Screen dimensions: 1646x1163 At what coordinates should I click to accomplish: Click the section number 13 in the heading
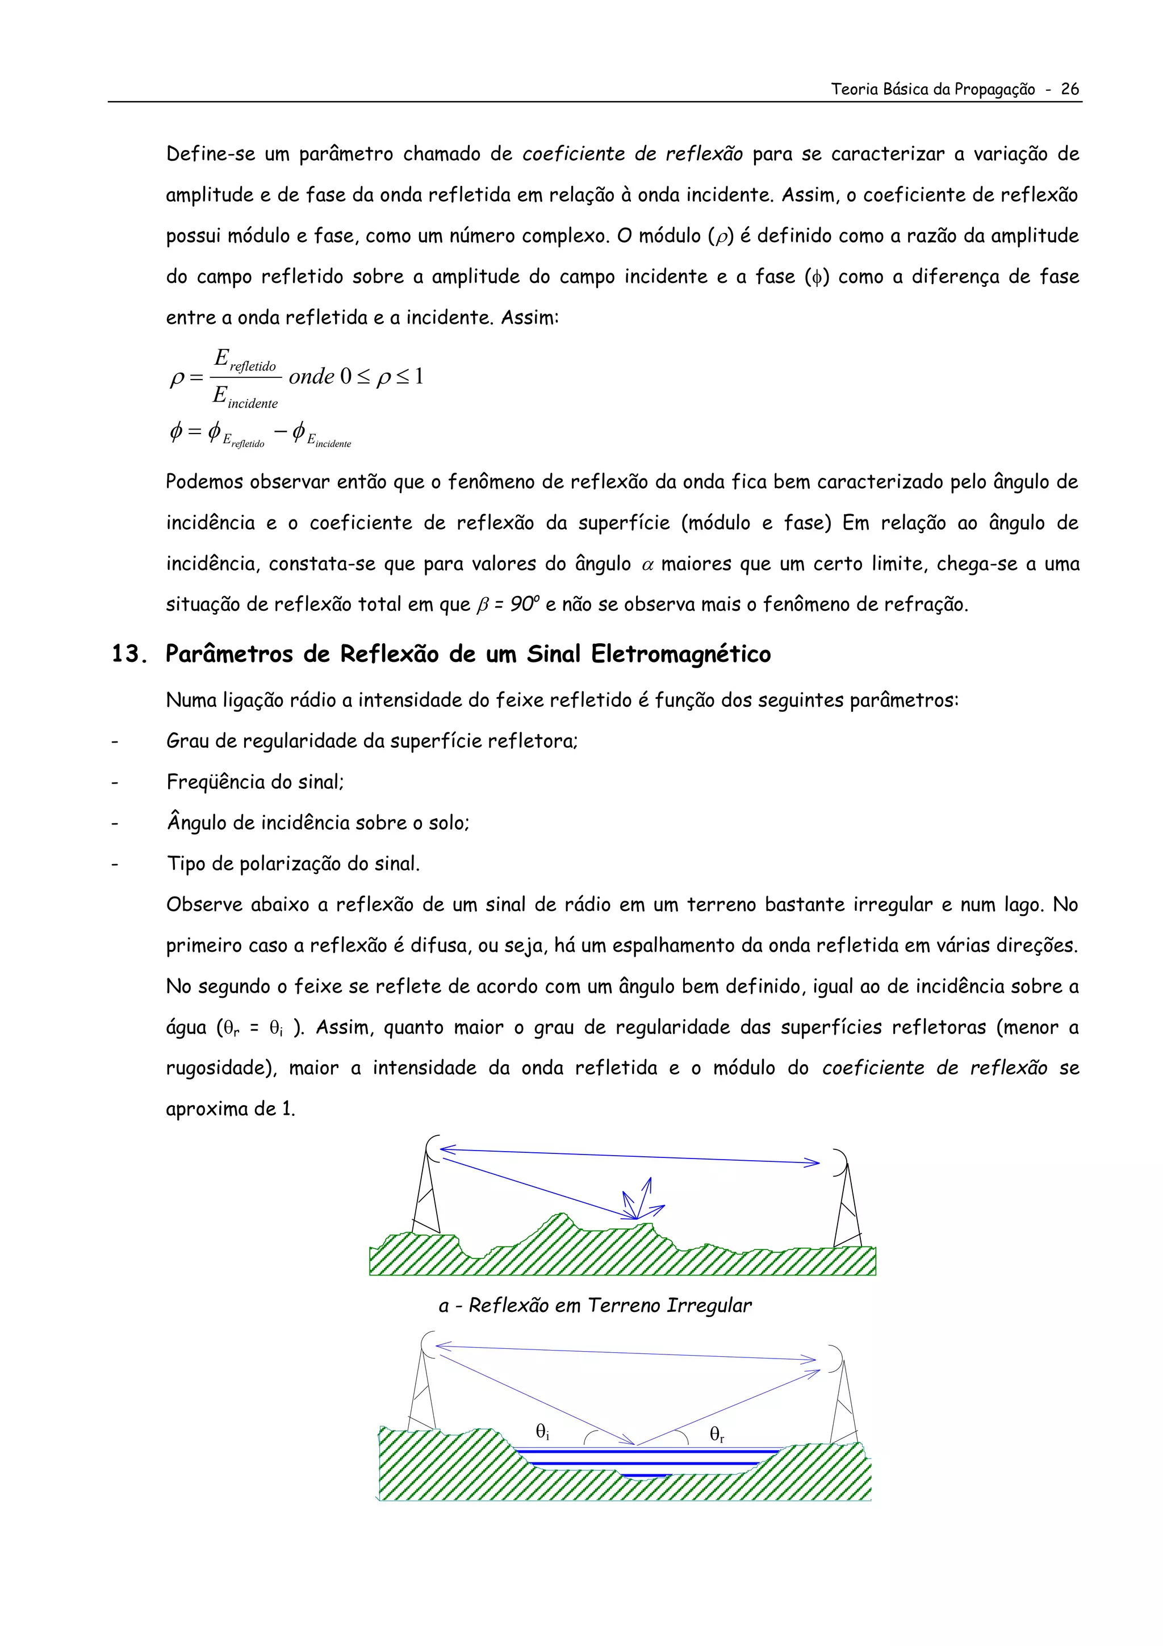tap(128, 654)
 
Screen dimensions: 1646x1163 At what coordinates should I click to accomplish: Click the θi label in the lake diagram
tap(542, 1432)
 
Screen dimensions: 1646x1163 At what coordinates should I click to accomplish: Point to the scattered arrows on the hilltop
tap(640, 1201)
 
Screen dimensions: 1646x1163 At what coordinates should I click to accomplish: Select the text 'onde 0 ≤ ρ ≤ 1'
tap(356, 376)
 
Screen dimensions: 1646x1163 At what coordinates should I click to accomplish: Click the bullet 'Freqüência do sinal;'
tap(255, 781)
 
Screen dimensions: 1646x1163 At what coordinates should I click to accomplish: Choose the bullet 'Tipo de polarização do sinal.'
tap(292, 863)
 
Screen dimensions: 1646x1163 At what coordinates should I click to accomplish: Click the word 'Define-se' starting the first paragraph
tap(211, 154)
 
